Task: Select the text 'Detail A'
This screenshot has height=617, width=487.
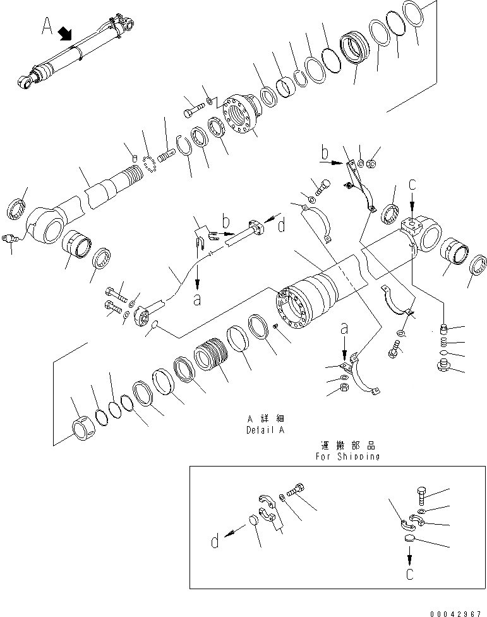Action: [266, 430]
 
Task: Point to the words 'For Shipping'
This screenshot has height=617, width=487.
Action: [347, 456]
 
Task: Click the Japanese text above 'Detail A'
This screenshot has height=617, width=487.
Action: [266, 419]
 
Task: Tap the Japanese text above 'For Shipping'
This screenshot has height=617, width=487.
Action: [347, 445]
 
